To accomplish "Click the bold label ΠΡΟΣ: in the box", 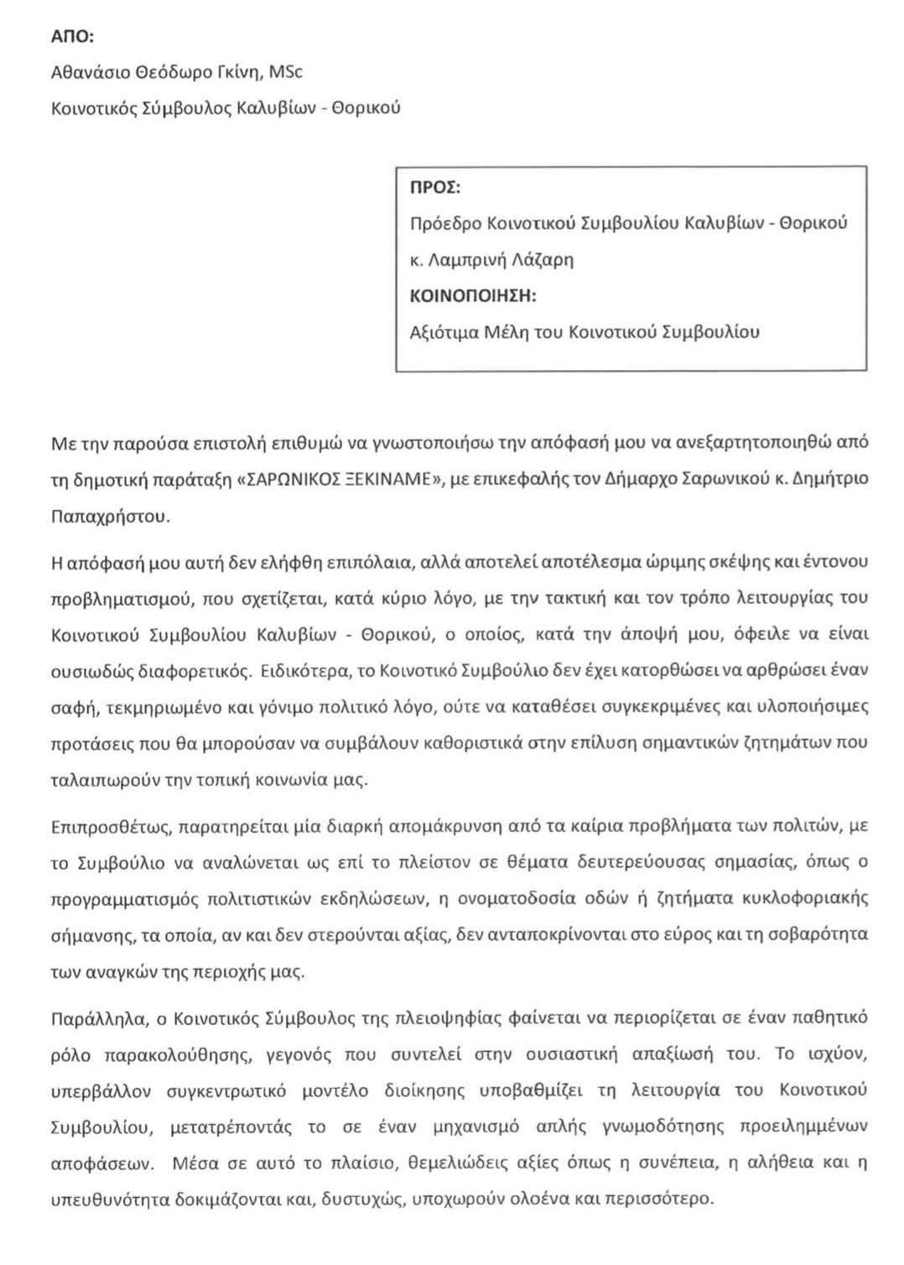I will coord(434,187).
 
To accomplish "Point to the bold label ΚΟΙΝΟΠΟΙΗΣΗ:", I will coord(473,296).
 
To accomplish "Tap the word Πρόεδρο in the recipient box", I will coord(444,223).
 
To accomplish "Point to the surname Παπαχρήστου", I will coord(110,516).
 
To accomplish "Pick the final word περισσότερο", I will coord(662,1199).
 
